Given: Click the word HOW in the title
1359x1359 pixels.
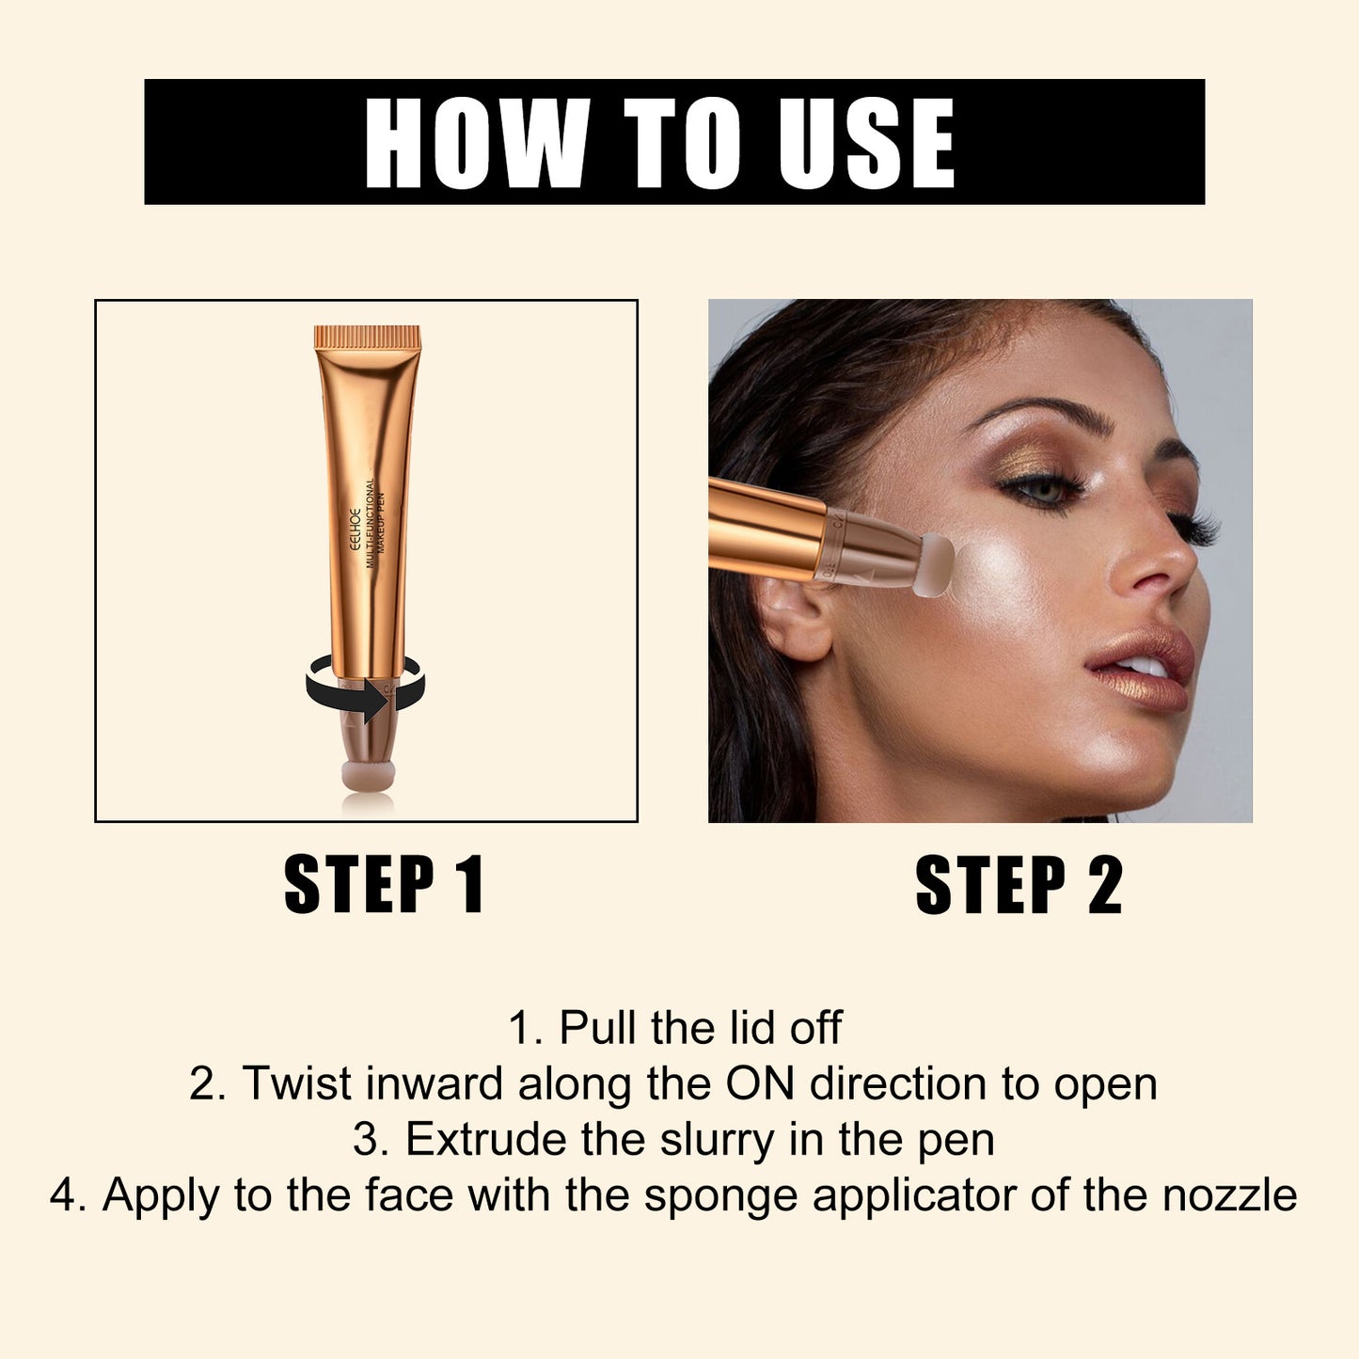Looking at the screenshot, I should click(476, 143).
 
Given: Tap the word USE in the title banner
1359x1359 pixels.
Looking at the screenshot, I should click(866, 143).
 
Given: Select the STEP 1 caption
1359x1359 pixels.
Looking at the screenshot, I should click(384, 884).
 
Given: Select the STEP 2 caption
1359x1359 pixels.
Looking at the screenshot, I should click(1019, 884).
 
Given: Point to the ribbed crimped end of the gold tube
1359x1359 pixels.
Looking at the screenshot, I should click(367, 337).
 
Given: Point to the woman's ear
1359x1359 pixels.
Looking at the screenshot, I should click(796, 616).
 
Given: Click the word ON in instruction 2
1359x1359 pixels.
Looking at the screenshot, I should click(760, 1083).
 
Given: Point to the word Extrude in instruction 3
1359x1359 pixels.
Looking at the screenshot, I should click(487, 1139).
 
